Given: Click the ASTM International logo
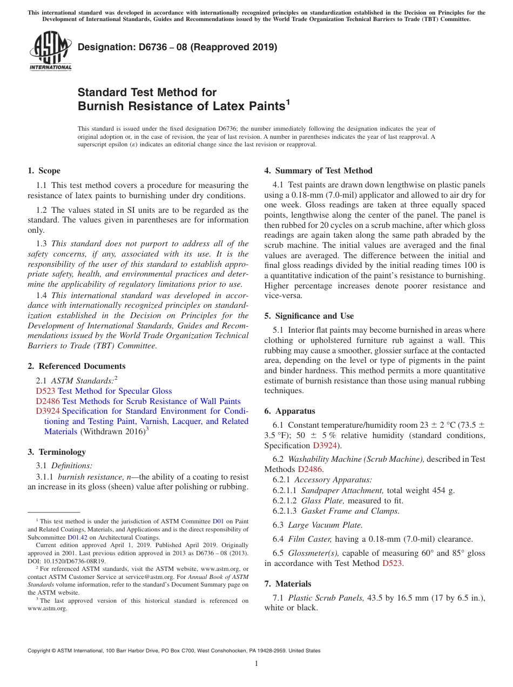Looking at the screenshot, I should pyautogui.click(x=50, y=51).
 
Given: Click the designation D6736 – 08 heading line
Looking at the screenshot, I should pyautogui.click(x=177, y=48).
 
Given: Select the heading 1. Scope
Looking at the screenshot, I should pyautogui.click(x=44, y=171).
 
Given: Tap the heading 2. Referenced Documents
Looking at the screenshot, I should pyautogui.click(x=77, y=366).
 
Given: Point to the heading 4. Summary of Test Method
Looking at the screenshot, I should pyautogui.click(x=318, y=171).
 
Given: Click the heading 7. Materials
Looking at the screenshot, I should pyautogui.click(x=288, y=584).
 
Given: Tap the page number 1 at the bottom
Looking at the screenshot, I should pyautogui.click(x=256, y=663).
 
